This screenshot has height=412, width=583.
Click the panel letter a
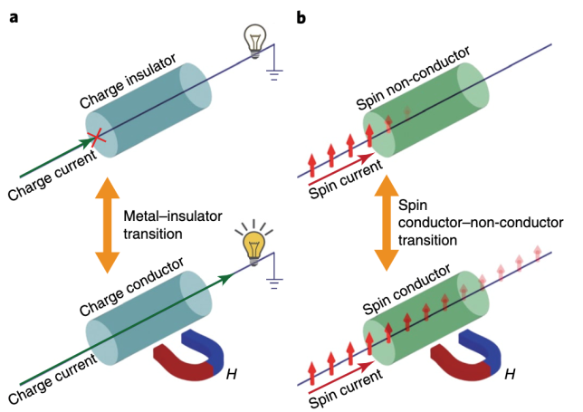(x=14, y=15)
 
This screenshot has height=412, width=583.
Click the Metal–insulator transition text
(x=160, y=223)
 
